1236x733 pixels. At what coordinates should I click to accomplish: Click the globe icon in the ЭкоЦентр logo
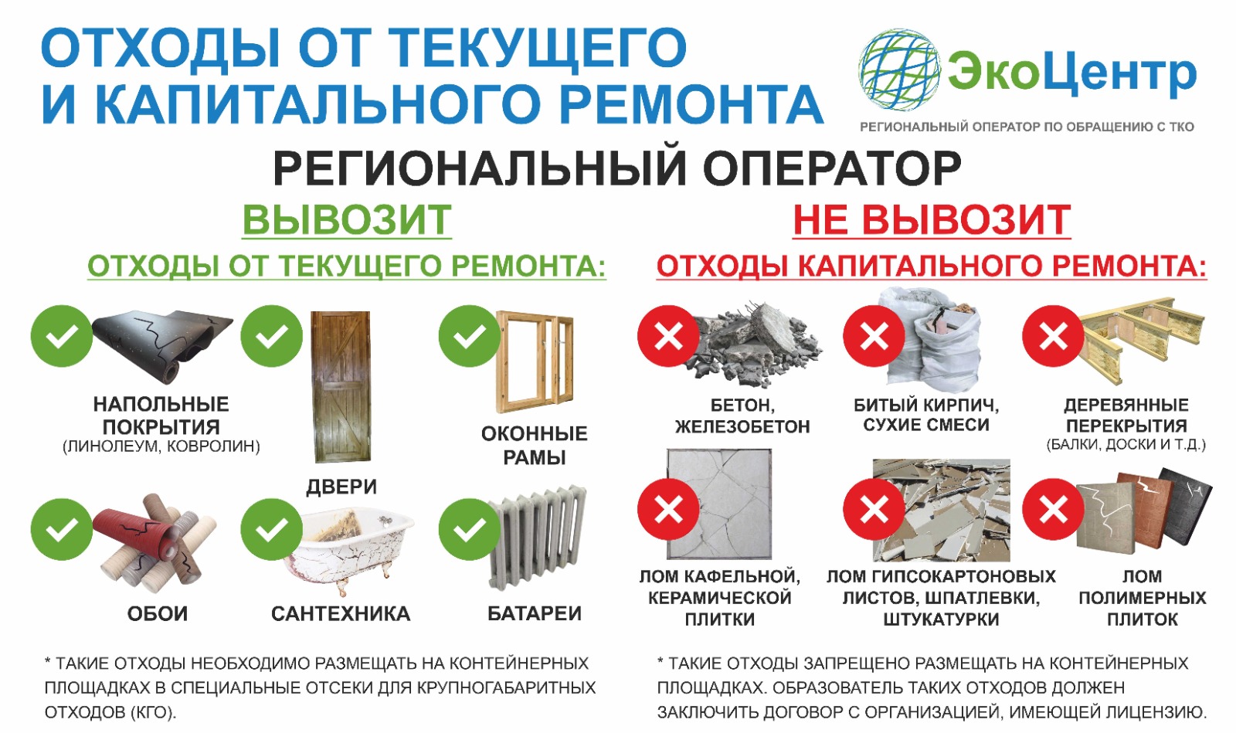(x=899, y=70)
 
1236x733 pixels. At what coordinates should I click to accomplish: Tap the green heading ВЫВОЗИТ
(x=347, y=220)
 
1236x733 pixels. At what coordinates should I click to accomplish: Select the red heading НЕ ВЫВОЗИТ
(x=932, y=220)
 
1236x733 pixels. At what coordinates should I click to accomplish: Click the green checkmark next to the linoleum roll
(x=62, y=336)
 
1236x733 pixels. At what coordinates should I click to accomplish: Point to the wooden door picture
(x=341, y=387)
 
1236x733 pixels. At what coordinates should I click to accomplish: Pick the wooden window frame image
(x=535, y=361)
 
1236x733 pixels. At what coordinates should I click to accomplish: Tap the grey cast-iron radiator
(x=538, y=537)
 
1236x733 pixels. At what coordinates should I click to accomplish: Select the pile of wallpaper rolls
(x=154, y=540)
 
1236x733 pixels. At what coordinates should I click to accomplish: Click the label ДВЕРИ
(x=341, y=487)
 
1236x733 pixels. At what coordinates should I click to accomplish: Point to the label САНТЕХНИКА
(x=341, y=614)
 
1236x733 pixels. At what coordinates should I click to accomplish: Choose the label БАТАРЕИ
(x=535, y=613)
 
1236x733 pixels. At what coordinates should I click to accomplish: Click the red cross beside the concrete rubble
(x=668, y=336)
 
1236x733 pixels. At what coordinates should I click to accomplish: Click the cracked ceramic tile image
(x=719, y=504)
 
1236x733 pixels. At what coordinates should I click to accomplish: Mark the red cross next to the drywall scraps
(x=874, y=509)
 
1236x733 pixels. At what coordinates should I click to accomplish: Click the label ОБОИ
(x=158, y=614)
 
